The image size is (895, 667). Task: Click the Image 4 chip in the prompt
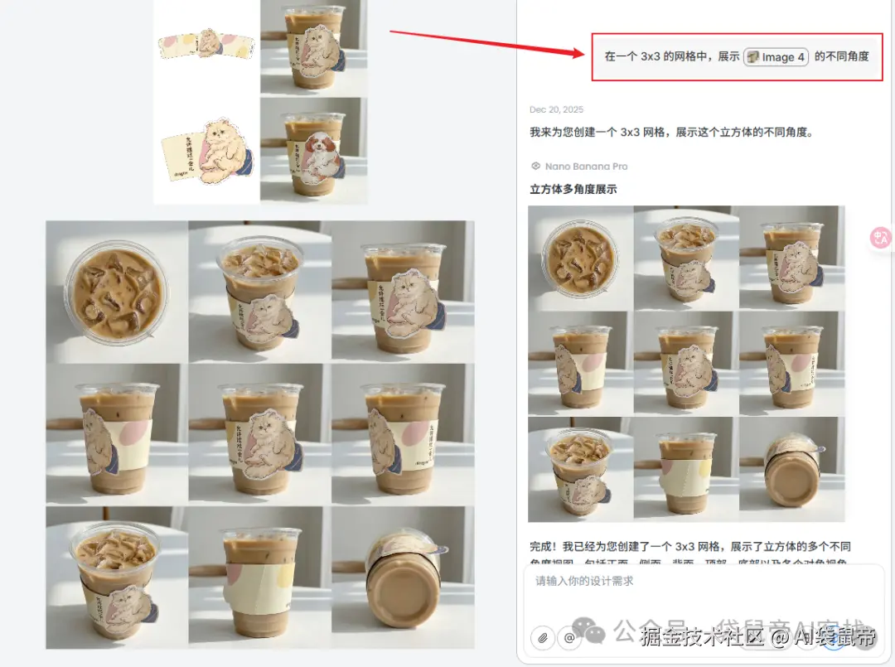click(776, 57)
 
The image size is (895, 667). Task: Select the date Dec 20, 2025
click(556, 109)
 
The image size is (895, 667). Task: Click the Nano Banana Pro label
click(586, 167)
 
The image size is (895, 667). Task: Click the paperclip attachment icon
click(544, 637)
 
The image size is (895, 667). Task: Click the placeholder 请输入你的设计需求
click(584, 581)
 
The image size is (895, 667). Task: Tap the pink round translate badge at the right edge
click(880, 238)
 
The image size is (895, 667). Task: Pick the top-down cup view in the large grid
click(116, 291)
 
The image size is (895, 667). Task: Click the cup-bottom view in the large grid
click(403, 578)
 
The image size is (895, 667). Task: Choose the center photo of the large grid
click(259, 434)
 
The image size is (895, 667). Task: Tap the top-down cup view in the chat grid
click(580, 258)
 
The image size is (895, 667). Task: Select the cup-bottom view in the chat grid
click(791, 470)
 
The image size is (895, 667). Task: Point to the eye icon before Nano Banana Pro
click(535, 167)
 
